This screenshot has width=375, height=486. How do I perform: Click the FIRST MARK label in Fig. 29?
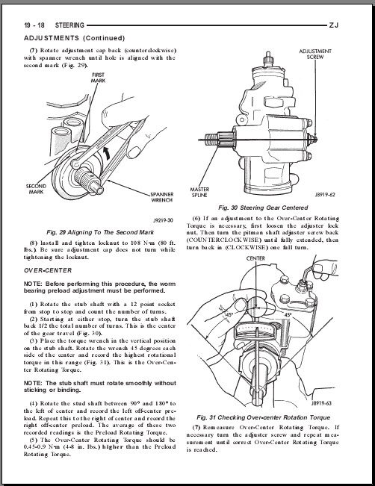tap(98, 78)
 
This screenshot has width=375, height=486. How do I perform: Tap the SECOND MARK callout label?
tap(36, 189)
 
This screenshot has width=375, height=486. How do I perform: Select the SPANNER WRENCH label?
tap(162, 197)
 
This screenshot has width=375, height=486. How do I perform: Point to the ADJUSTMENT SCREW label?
tap(315, 54)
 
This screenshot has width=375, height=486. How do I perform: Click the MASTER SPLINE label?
tap(199, 192)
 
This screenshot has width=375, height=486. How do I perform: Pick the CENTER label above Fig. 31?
tap(255, 258)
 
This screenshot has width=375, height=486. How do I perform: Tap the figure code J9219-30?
tap(163, 220)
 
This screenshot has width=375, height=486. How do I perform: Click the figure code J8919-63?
tap(322, 403)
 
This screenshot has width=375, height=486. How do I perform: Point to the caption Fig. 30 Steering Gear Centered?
tap(263, 208)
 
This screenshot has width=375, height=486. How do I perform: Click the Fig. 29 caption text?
tap(100, 232)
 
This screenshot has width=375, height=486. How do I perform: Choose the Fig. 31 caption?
tap(264, 417)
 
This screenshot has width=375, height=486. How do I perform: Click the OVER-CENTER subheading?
tap(48, 270)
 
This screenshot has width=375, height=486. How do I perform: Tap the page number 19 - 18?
tap(34, 25)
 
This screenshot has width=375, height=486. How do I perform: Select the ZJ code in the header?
tap(333, 25)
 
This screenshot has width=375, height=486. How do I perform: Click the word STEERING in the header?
tap(69, 25)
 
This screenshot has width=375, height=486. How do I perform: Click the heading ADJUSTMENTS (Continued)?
tap(75, 38)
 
